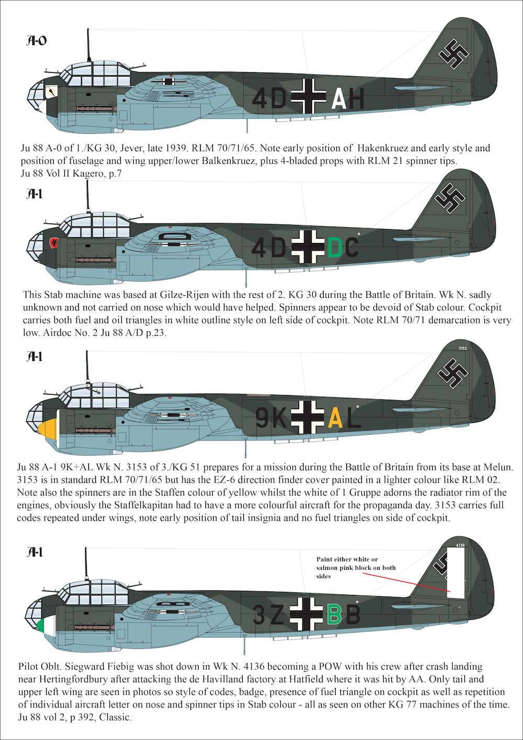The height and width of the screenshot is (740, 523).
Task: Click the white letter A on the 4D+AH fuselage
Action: pyautogui.click(x=338, y=98)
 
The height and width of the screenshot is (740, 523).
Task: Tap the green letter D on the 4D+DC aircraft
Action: pyautogui.click(x=335, y=247)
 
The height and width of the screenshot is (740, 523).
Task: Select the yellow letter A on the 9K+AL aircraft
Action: pyautogui.click(x=335, y=418)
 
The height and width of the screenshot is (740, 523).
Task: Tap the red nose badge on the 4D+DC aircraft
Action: pyautogui.click(x=53, y=243)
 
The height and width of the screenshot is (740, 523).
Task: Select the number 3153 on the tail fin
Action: pyautogui.click(x=462, y=348)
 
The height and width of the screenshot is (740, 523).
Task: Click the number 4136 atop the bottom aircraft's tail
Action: pyautogui.click(x=460, y=545)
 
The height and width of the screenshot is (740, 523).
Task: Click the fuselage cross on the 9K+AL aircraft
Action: pyautogui.click(x=308, y=417)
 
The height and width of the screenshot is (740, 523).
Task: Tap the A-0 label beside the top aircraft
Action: pyautogui.click(x=36, y=41)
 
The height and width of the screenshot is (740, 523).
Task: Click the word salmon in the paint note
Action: pyautogui.click(x=325, y=567)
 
